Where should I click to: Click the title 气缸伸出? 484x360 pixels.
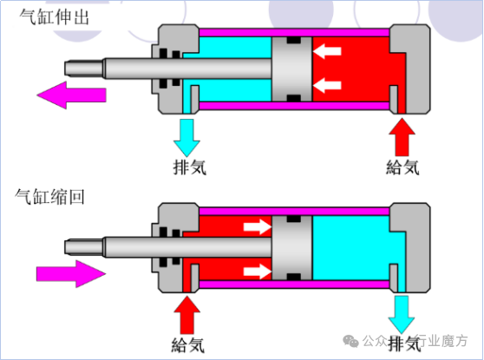(x=55, y=17)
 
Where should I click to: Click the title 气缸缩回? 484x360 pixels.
(x=49, y=196)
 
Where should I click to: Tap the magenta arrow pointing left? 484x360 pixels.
(x=71, y=95)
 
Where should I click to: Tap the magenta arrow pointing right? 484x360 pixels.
(x=71, y=274)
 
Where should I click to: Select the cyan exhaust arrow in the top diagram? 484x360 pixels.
(x=186, y=138)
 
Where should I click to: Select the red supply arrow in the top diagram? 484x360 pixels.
(x=402, y=137)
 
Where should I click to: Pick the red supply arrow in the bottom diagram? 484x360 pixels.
(x=186, y=315)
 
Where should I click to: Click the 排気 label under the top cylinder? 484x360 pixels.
(x=190, y=167)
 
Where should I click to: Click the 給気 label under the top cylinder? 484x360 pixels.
(x=402, y=167)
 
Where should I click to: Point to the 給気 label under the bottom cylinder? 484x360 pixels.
(x=188, y=345)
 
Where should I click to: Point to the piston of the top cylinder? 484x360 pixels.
(x=291, y=69)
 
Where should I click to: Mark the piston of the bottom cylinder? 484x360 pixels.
(x=291, y=248)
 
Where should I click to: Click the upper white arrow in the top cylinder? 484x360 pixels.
(x=327, y=51)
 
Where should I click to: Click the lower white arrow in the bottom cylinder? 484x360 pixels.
(x=258, y=272)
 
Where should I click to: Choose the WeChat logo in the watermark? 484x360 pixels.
(x=350, y=341)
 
